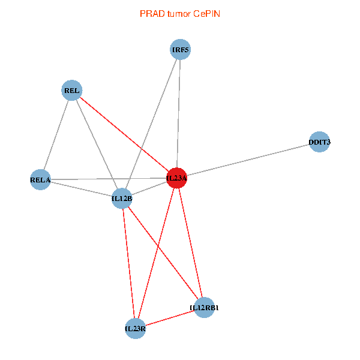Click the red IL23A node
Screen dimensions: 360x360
pyautogui.click(x=176, y=178)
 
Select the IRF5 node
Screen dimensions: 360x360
pyautogui.click(x=180, y=50)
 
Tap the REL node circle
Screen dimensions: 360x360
pyautogui.click(x=72, y=91)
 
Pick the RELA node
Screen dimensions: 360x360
pyautogui.click(x=41, y=179)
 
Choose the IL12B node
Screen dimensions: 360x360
pyautogui.click(x=122, y=198)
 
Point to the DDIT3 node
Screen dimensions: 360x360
pyautogui.click(x=319, y=142)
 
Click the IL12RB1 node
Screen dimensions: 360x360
pyautogui.click(x=204, y=308)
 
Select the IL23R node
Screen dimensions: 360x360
pyautogui.click(x=135, y=328)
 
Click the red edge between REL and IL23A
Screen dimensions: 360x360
pyautogui.click(x=124, y=134)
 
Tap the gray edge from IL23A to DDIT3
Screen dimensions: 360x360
pyautogui.click(x=248, y=160)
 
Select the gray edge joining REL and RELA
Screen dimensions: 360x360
pyautogui.click(x=56, y=135)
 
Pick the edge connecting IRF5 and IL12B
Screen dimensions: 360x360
pyautogui.click(x=151, y=124)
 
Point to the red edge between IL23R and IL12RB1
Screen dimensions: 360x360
pyautogui.click(x=169, y=318)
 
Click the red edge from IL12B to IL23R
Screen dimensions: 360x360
pyautogui.click(x=128, y=263)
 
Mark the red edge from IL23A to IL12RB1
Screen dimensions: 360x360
pyautogui.click(x=190, y=243)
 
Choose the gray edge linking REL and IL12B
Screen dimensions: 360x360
pyautogui.click(x=97, y=145)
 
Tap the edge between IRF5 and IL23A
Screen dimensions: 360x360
pyautogui.click(x=178, y=114)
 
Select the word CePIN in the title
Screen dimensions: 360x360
pyautogui.click(x=206, y=13)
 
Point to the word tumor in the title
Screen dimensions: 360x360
pyautogui.click(x=178, y=13)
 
